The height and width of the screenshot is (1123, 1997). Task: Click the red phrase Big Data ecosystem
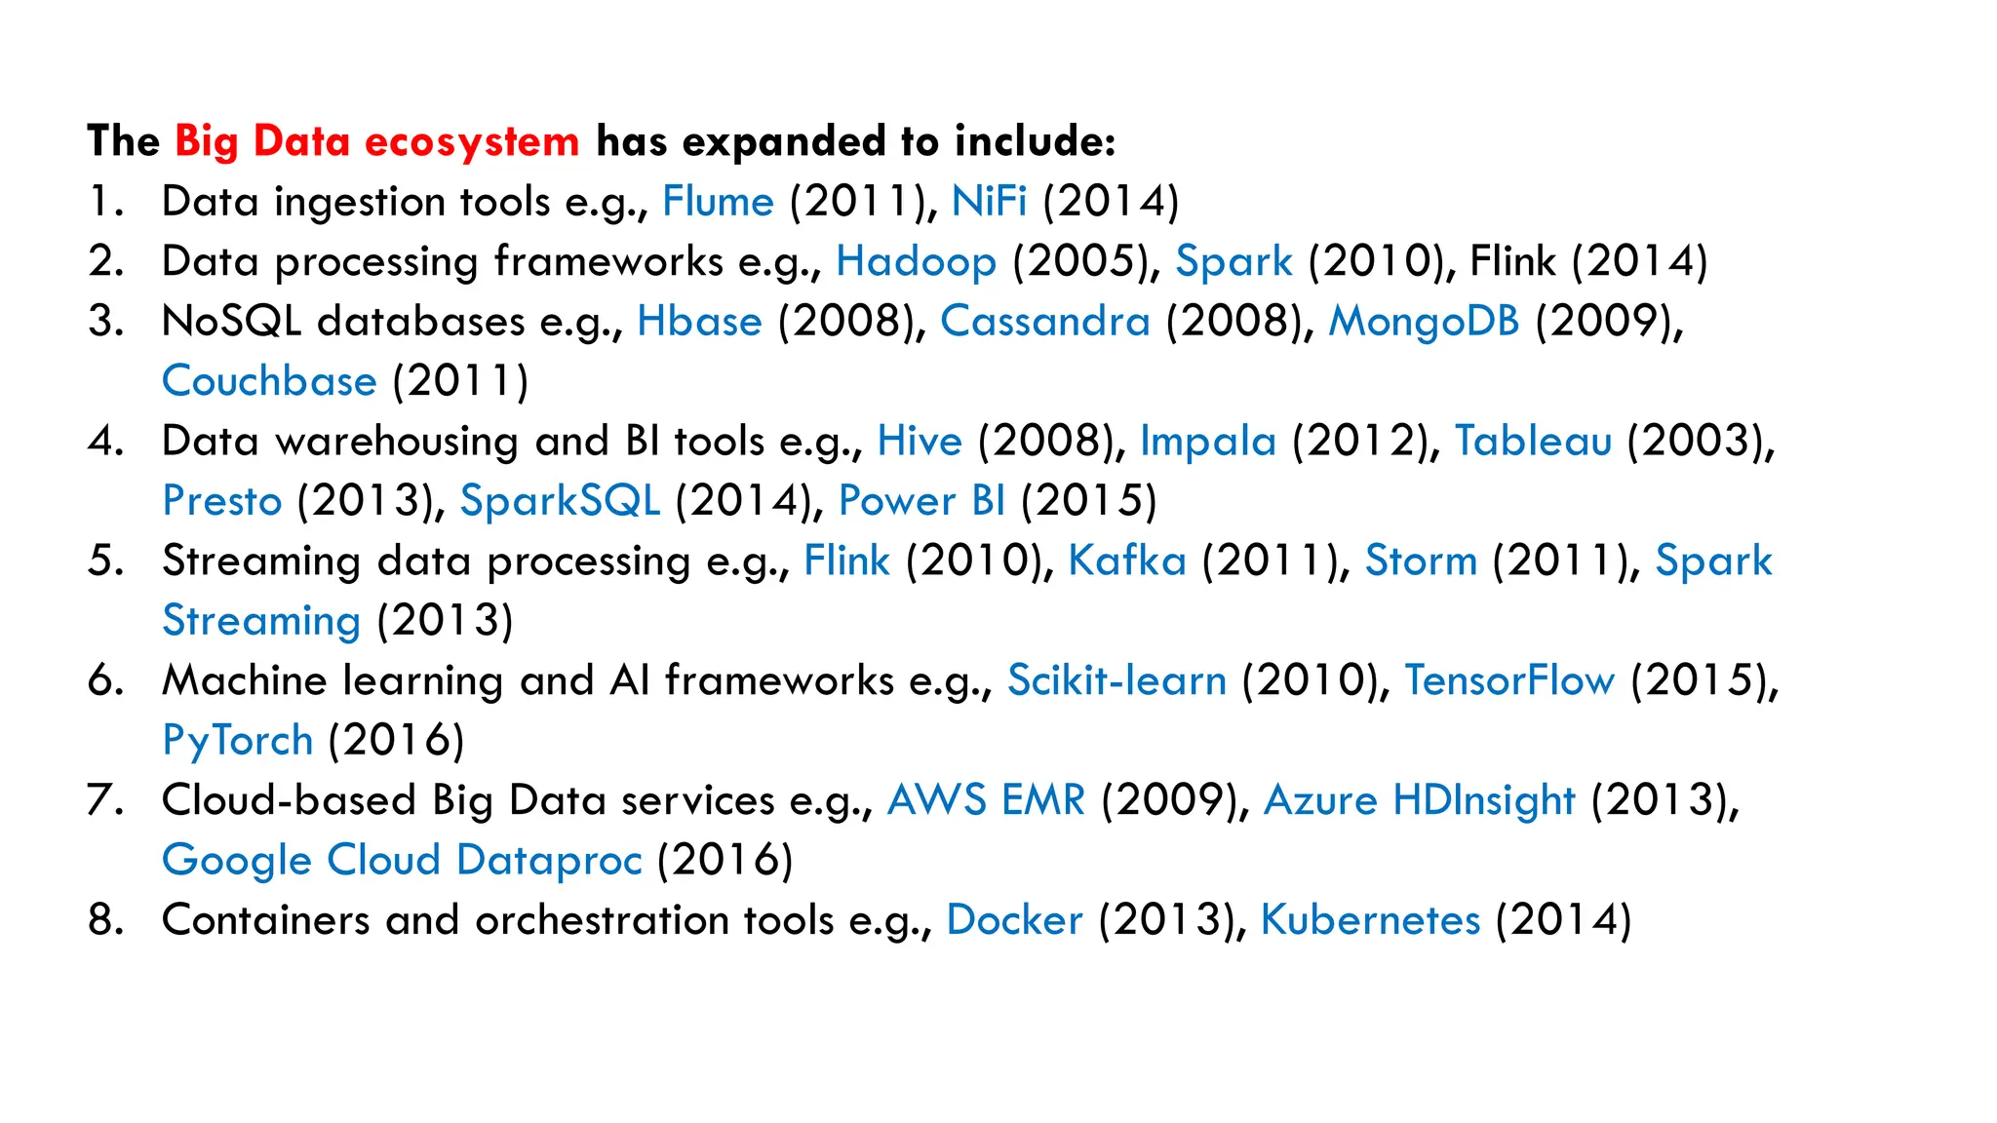pyautogui.click(x=377, y=142)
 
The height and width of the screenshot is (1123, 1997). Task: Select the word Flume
pyautogui.click(x=718, y=202)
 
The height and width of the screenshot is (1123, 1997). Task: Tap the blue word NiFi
pyautogui.click(x=989, y=202)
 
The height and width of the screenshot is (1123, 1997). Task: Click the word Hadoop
pyautogui.click(x=916, y=261)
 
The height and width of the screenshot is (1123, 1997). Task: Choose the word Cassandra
pyautogui.click(x=1044, y=322)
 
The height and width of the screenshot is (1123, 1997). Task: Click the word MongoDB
pyautogui.click(x=1424, y=322)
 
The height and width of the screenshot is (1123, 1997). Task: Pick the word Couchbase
pyautogui.click(x=269, y=381)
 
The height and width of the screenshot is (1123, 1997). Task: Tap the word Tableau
pyautogui.click(x=1533, y=442)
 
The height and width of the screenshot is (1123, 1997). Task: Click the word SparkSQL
pyautogui.click(x=560, y=501)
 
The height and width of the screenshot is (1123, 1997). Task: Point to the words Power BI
pyautogui.click(x=921, y=501)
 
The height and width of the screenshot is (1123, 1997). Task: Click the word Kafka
pyautogui.click(x=1127, y=561)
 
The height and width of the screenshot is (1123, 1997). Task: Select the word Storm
pyautogui.click(x=1421, y=561)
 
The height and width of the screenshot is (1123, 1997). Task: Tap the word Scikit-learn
pyautogui.click(x=1116, y=680)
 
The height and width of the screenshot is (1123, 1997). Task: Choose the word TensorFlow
pyautogui.click(x=1509, y=680)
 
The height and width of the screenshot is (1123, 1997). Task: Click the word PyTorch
pyautogui.click(x=238, y=741)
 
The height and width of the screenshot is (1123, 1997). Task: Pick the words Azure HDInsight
pyautogui.click(x=1419, y=800)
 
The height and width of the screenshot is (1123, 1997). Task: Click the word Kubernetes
pyautogui.click(x=1370, y=920)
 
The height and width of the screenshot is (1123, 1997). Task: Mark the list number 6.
pyautogui.click(x=104, y=680)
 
